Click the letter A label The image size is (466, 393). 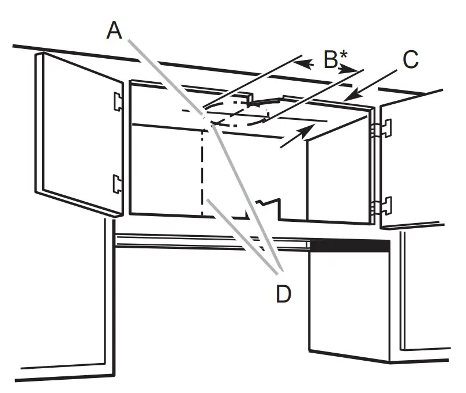[114, 30]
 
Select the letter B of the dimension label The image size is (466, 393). [330, 59]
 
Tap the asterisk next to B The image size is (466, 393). [343, 55]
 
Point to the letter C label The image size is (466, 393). [411, 59]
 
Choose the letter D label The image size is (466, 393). [284, 293]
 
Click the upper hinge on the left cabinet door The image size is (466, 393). [118, 101]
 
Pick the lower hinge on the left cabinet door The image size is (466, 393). [118, 184]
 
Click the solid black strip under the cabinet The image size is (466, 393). [349, 247]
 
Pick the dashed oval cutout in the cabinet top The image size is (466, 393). [239, 113]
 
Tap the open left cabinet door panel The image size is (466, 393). [79, 134]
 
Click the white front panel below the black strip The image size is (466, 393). [349, 306]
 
